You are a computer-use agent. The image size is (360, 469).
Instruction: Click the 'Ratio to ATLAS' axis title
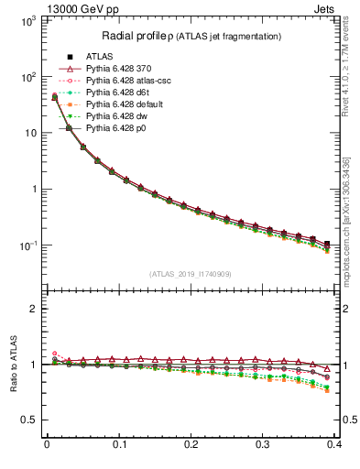coord(13,364)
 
